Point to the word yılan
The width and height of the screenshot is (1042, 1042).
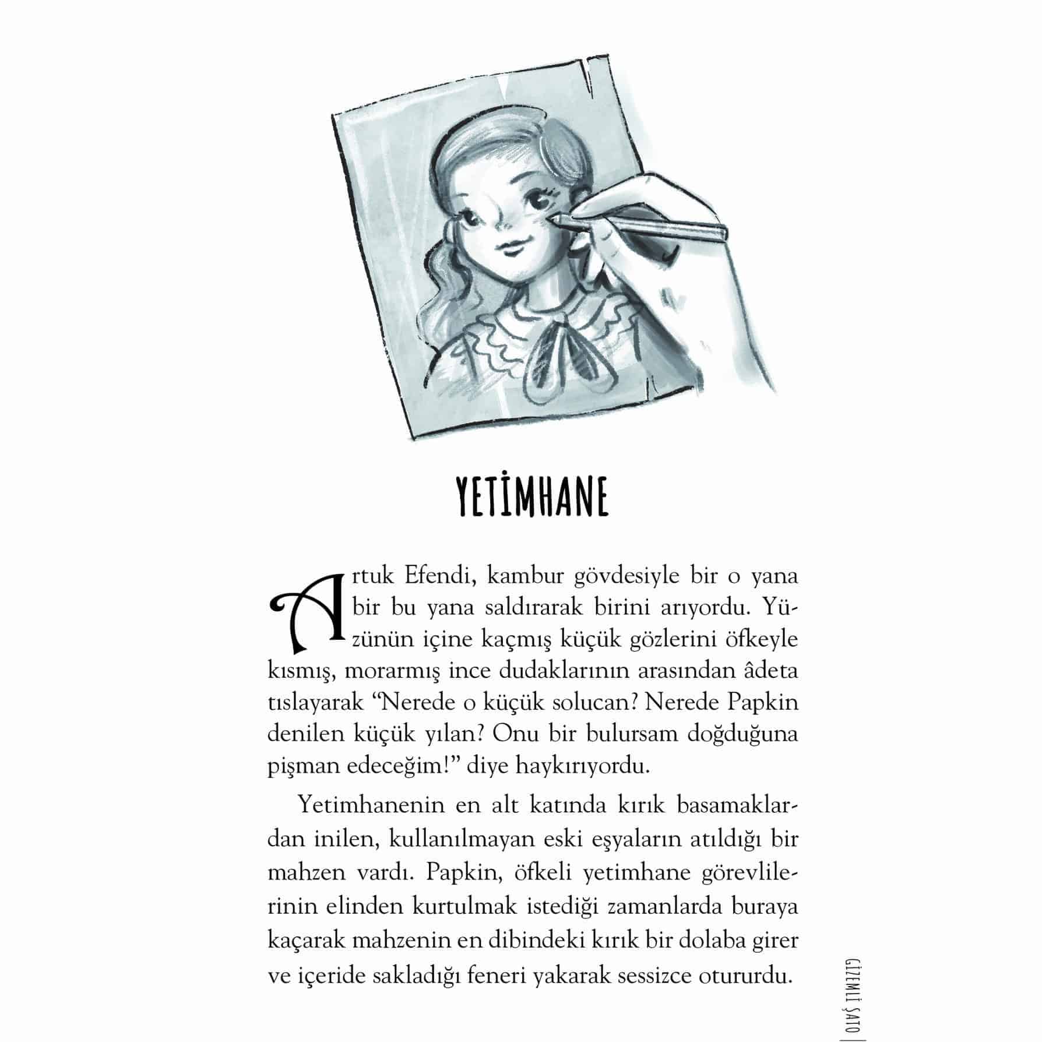[x=455, y=734]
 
